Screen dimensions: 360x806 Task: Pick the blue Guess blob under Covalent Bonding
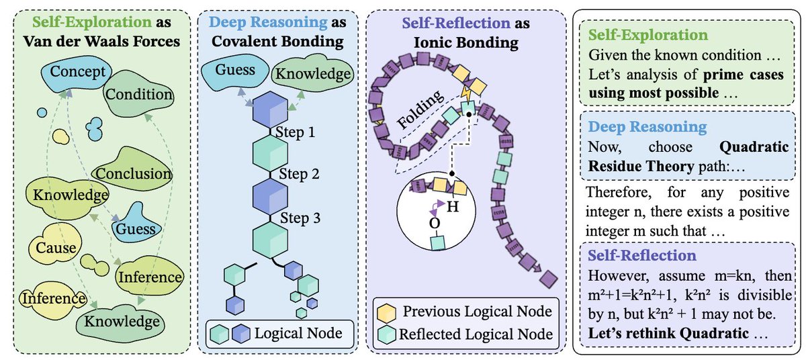pos(236,70)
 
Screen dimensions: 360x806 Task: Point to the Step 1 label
pos(297,131)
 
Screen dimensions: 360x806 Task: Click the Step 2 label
pos(297,174)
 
